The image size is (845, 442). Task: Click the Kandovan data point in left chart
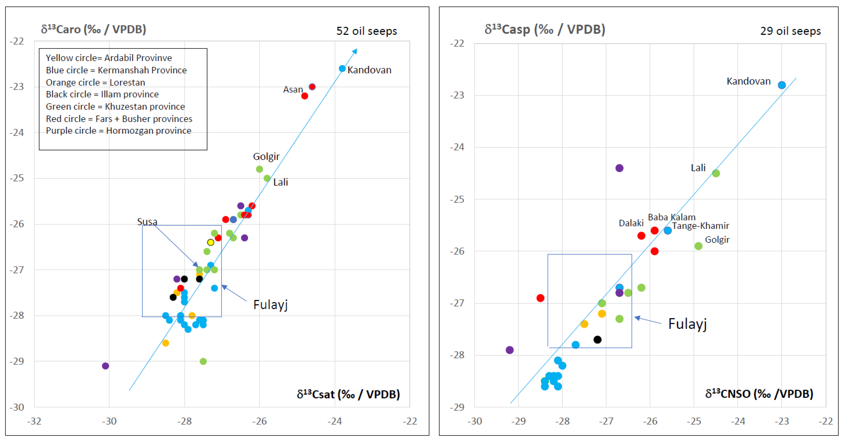[342, 68]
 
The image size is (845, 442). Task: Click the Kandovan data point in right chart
[782, 85]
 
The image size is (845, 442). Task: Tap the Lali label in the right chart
[698, 168]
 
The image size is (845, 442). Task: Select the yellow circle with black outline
[210, 242]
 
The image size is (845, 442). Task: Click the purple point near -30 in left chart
[105, 366]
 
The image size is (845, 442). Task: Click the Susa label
[147, 222]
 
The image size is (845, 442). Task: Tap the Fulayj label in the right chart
[687, 324]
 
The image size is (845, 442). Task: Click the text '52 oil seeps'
[366, 31]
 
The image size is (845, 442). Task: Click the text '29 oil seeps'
[790, 31]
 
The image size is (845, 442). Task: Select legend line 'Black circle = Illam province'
[102, 94]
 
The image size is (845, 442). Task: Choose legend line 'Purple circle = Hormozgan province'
[118, 131]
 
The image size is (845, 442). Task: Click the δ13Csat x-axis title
[348, 394]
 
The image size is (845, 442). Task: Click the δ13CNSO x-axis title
[759, 393]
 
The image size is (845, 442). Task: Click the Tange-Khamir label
[700, 226]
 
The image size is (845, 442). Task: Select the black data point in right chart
[597, 339]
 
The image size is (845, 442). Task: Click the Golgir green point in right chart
[698, 246]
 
